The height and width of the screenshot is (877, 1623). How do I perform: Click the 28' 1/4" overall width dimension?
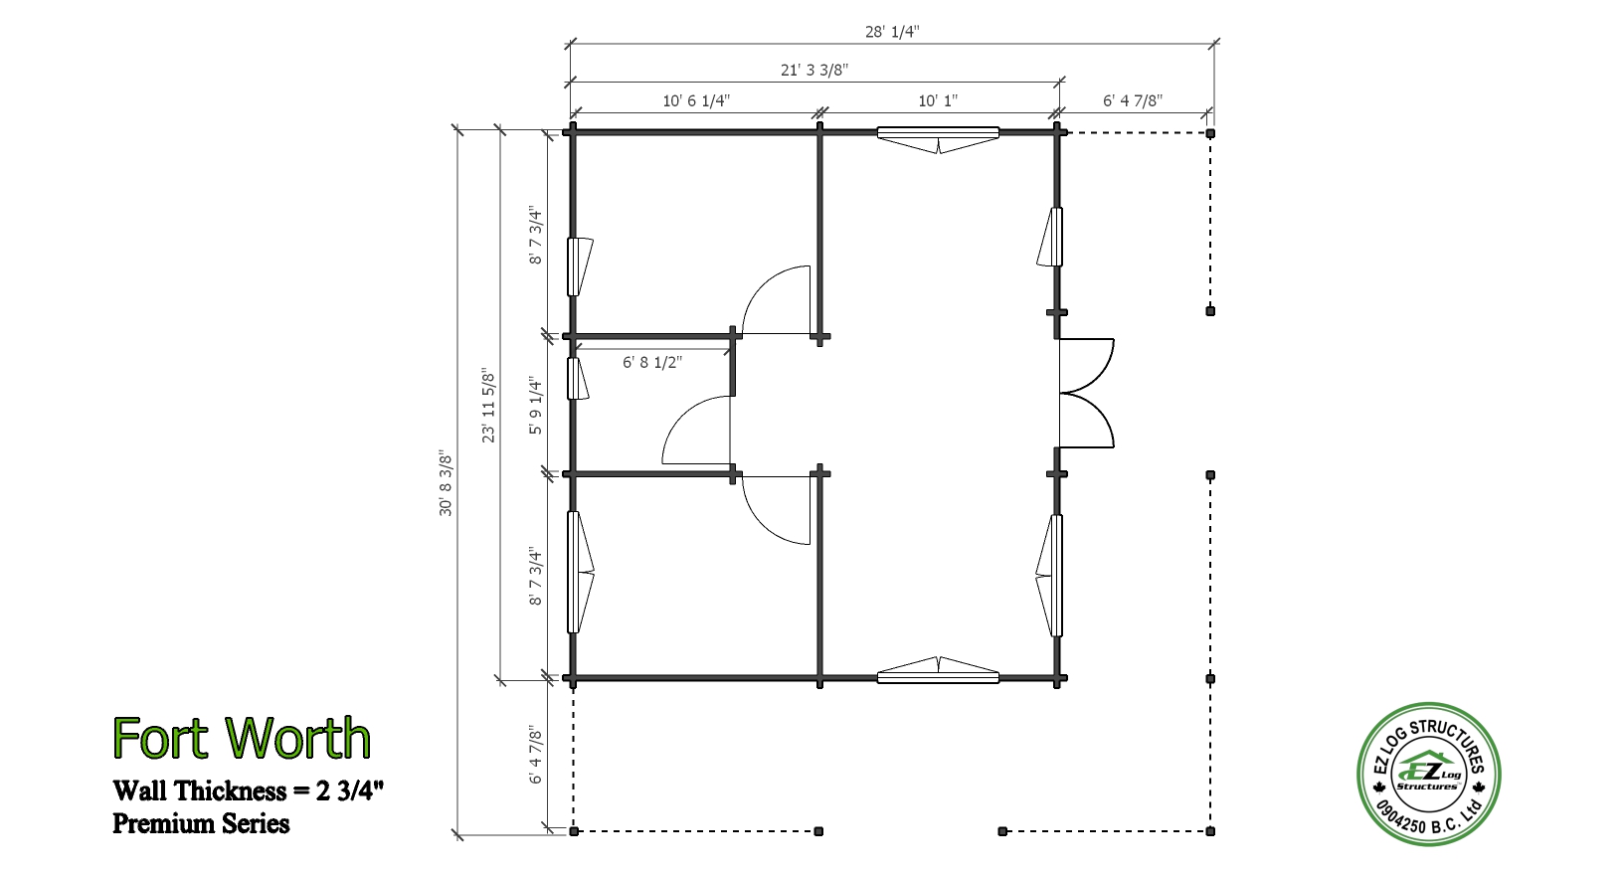pos(892,32)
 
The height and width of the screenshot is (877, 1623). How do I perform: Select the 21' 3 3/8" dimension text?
pos(814,71)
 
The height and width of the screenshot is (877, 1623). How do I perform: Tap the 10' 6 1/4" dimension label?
pos(695,100)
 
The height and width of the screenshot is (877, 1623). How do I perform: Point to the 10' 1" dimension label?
pos(938,100)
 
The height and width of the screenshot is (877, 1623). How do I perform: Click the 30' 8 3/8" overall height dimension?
pos(446,483)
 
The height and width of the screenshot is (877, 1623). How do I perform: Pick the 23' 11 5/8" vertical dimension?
pos(489,407)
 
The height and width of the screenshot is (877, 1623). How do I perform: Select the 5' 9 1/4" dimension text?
pos(535,405)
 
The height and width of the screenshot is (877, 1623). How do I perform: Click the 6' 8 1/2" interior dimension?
pos(652,362)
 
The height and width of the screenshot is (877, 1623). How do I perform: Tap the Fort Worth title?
pos(242,738)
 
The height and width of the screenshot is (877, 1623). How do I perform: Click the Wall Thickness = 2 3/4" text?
pos(248,790)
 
